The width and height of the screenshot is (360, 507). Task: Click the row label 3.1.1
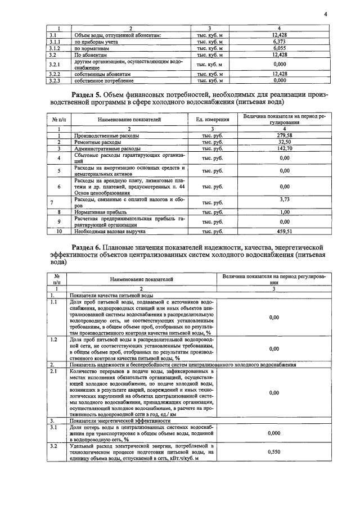[x=55, y=42]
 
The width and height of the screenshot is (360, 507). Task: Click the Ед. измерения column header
[x=212, y=120]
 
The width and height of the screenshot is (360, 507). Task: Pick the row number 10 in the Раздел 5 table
[x=59, y=231]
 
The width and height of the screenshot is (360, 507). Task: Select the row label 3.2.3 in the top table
[x=55, y=80]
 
